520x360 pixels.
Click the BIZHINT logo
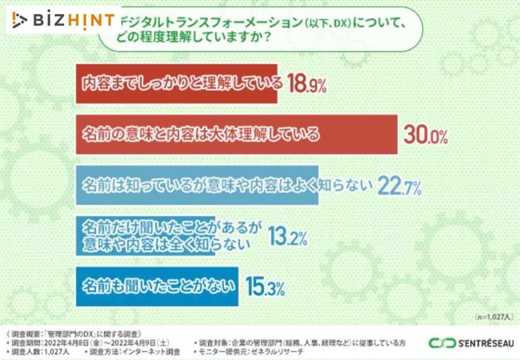(x=64, y=20)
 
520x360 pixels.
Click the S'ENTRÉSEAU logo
(x=471, y=343)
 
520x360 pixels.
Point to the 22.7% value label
(x=399, y=185)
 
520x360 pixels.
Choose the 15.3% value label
(x=265, y=287)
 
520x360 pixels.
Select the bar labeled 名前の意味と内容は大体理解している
(x=237, y=135)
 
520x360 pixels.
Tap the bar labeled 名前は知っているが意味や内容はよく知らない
(x=196, y=185)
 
